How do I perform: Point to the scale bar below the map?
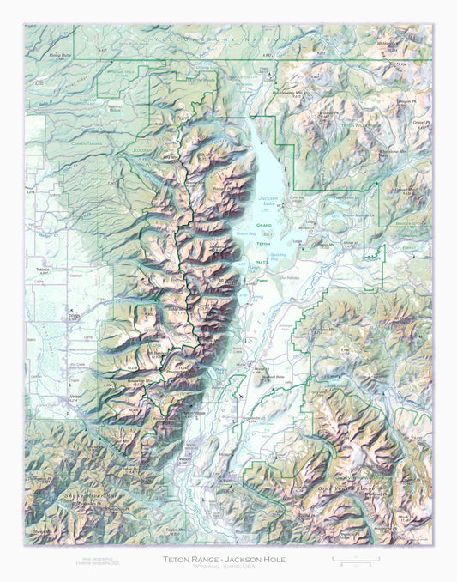352,561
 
